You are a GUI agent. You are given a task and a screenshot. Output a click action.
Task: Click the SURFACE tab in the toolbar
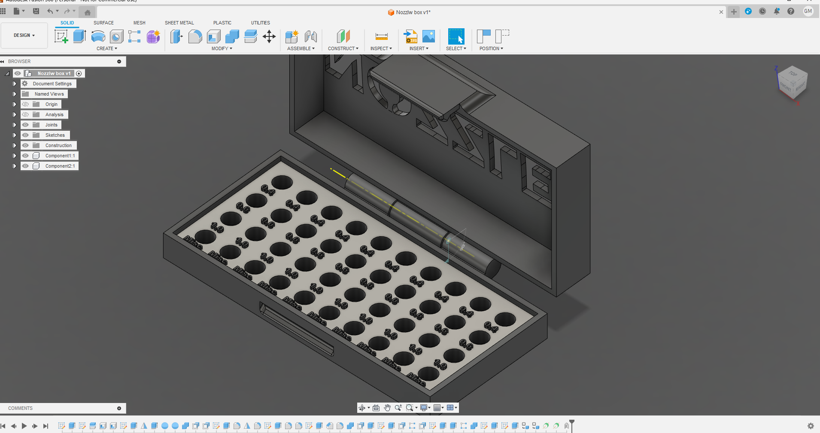[x=103, y=23]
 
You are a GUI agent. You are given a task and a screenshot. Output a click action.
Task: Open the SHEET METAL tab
[x=179, y=23]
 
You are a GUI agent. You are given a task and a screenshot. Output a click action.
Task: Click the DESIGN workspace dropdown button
[x=24, y=36]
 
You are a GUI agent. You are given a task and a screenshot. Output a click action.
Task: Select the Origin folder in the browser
[x=51, y=104]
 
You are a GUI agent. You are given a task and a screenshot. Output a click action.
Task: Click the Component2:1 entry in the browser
[x=60, y=166]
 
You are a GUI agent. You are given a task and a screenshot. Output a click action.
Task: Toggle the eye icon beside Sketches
[x=26, y=135]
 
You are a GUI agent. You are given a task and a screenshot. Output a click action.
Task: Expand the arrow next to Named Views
[x=15, y=94]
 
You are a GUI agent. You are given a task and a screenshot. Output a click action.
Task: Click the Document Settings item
[x=52, y=84]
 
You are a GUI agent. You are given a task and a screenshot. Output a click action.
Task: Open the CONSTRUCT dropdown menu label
[x=343, y=48]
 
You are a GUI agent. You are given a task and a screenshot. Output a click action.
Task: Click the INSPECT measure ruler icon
[x=381, y=36]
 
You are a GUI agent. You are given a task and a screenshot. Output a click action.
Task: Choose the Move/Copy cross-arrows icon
[x=269, y=36]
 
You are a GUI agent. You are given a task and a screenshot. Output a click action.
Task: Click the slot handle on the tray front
[x=296, y=328]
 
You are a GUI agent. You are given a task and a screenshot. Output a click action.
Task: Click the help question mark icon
[x=791, y=12]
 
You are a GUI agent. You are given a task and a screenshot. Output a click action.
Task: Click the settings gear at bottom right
[x=811, y=426]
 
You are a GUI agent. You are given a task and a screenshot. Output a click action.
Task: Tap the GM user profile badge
[x=808, y=12]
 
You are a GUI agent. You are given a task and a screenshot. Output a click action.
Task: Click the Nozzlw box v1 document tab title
[x=413, y=12]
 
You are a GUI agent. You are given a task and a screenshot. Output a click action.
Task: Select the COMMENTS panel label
[x=20, y=408]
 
